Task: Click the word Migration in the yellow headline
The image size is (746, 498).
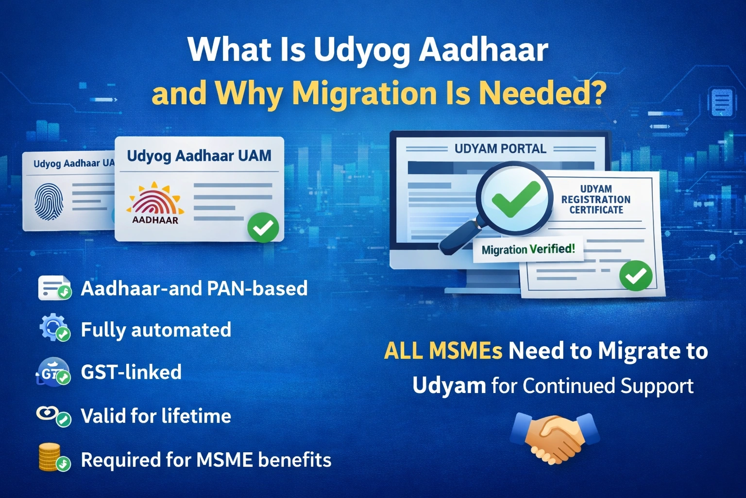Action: point(364,93)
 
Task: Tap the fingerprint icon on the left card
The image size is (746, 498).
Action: point(49,200)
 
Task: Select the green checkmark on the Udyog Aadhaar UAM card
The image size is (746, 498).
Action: point(263,228)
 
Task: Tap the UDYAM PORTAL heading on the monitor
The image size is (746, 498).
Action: point(500,149)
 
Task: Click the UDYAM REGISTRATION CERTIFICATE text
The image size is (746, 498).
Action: point(596,199)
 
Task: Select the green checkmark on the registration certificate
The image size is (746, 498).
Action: point(636,276)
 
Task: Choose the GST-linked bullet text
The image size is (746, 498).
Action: point(131,373)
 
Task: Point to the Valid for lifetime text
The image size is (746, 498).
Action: point(156,416)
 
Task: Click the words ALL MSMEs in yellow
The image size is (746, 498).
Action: point(443,351)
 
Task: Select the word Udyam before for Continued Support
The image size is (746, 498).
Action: point(449,386)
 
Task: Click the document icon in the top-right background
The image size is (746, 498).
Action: point(722,102)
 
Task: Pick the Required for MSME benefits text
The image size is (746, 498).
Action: point(206,460)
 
